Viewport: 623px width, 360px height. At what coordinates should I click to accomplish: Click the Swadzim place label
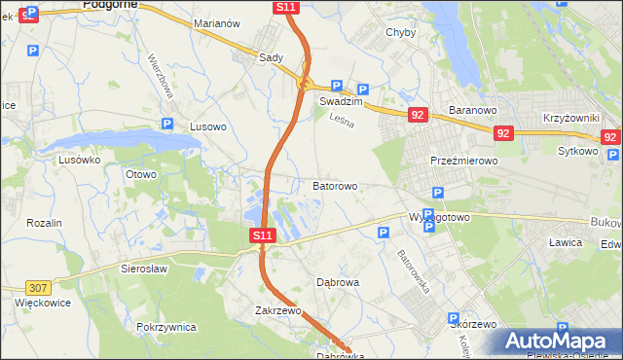pyautogui.click(x=341, y=101)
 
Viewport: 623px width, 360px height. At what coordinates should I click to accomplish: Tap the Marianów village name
pyautogui.click(x=217, y=22)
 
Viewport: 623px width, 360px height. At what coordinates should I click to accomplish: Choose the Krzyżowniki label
pyautogui.click(x=570, y=117)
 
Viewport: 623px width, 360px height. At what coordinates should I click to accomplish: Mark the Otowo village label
pyautogui.click(x=140, y=174)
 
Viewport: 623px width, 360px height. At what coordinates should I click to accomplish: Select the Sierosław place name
pyautogui.click(x=145, y=268)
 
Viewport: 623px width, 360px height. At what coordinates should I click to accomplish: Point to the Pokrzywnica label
pyautogui.click(x=166, y=327)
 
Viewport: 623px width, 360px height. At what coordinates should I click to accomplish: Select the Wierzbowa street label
pyautogui.click(x=161, y=75)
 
